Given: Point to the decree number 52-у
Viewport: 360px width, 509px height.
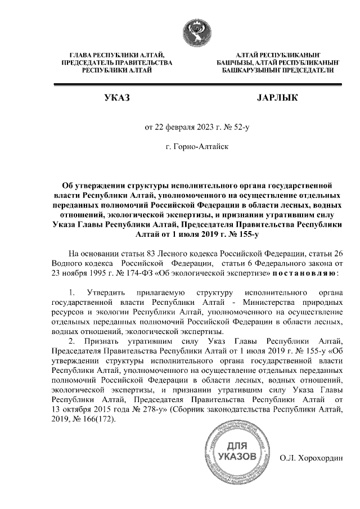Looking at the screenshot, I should (x=238, y=127).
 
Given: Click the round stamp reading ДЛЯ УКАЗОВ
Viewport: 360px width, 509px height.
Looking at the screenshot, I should (x=236, y=454).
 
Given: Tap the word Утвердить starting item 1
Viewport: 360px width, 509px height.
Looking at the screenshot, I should (x=107, y=292).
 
